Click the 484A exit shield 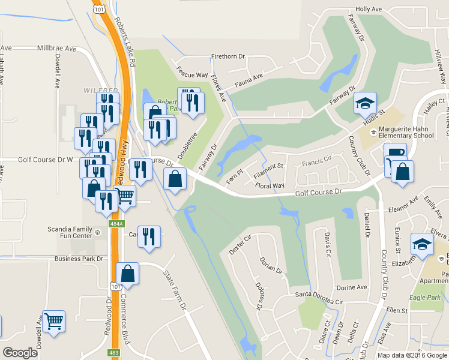[x=116, y=224]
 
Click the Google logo [x=20, y=353]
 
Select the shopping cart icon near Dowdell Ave [x=54, y=321]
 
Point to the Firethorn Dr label [x=228, y=57]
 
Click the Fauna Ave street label [x=249, y=77]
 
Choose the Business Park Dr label [x=79, y=259]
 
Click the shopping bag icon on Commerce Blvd [x=128, y=274]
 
